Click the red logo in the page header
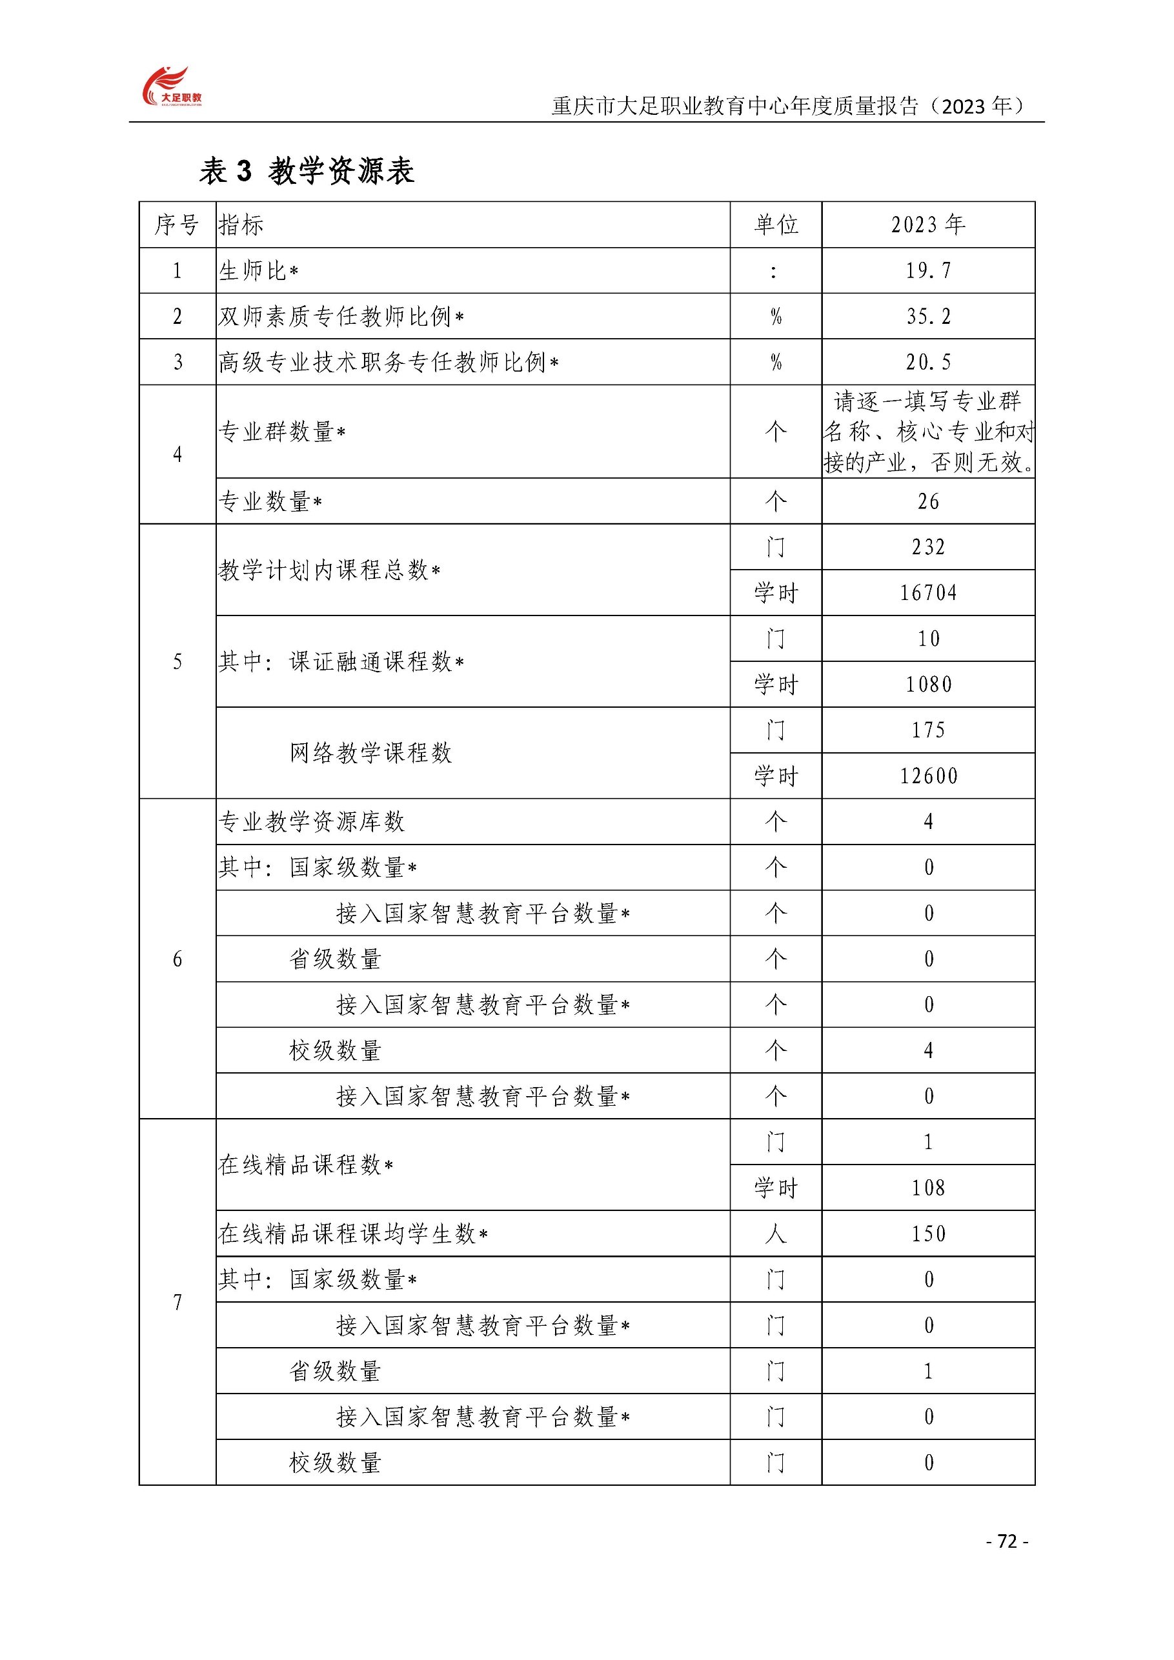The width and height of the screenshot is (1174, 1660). [x=171, y=86]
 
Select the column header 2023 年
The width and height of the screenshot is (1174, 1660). [x=927, y=225]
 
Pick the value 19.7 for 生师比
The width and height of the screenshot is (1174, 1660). [x=927, y=270]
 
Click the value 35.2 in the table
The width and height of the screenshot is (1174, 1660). [x=927, y=316]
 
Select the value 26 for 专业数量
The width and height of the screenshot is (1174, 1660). [x=927, y=501]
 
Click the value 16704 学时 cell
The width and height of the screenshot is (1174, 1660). [x=927, y=593]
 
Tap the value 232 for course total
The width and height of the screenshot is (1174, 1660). [x=927, y=546]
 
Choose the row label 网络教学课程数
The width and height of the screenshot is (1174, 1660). [x=370, y=753]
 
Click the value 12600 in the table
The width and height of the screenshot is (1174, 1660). [x=927, y=775]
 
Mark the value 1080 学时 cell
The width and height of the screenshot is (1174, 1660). [x=927, y=684]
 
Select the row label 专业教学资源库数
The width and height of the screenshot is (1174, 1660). [x=311, y=821]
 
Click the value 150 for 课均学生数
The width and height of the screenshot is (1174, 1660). [x=927, y=1234]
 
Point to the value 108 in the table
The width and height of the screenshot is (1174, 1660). [x=927, y=1187]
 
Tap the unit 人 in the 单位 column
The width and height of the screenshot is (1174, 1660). [x=775, y=1234]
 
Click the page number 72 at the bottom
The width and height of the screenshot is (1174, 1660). [x=1006, y=1541]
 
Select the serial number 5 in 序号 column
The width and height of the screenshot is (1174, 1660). [x=177, y=661]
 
